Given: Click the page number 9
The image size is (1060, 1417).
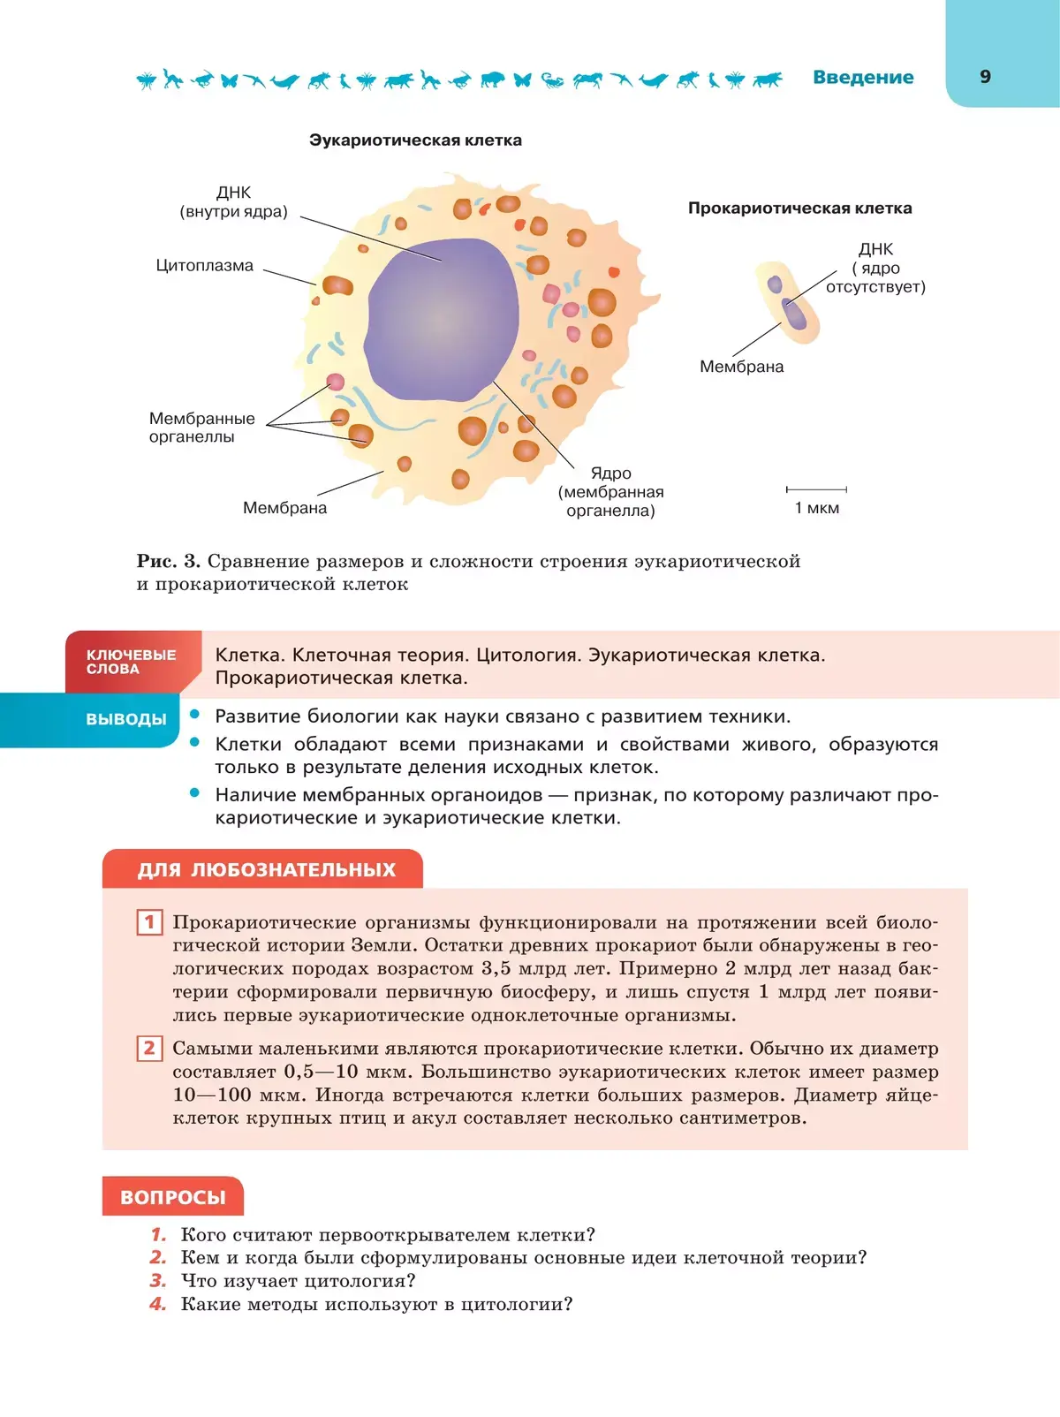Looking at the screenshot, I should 985,77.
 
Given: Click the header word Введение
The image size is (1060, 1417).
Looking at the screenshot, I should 863,77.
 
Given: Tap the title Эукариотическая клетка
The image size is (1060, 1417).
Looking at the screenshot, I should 415,140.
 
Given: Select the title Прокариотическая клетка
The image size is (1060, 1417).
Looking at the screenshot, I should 799,208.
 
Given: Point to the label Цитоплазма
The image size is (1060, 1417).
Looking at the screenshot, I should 204,266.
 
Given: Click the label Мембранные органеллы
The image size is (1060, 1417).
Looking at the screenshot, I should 201,428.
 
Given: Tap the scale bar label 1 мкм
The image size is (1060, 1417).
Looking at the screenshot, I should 816,508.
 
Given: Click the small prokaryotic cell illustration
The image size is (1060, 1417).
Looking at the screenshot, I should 788,302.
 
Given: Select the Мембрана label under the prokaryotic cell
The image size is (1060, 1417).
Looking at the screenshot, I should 741,367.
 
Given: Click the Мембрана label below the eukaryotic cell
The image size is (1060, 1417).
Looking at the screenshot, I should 284,508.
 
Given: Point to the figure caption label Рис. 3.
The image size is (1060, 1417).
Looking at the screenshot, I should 168,561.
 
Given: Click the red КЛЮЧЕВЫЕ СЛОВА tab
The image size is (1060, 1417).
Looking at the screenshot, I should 131,662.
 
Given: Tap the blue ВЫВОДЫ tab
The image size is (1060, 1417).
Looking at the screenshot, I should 125,719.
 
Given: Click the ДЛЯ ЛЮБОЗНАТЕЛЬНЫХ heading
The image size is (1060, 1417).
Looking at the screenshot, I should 266,869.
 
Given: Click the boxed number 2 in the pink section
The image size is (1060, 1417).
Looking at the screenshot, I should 149,1049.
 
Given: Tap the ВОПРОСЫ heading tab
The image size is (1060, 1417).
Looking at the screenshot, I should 173,1197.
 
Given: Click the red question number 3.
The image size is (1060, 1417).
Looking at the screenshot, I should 158,1281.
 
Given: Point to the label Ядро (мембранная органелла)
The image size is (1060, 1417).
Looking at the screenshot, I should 610,492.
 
